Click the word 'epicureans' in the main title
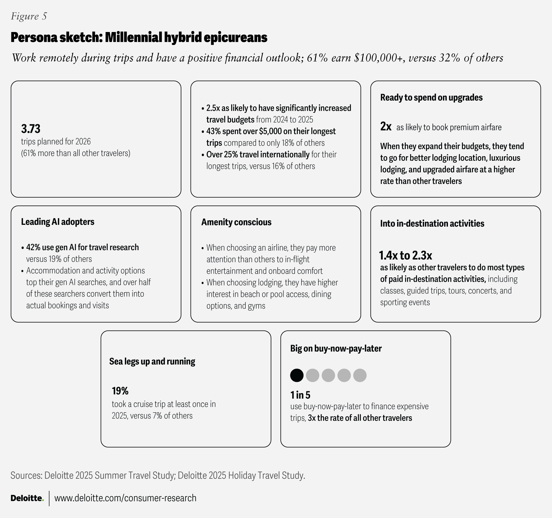tap(236, 38)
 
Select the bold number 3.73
tap(31, 129)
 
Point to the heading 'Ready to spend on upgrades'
tap(431, 98)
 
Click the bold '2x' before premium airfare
tap(386, 127)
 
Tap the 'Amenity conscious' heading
tap(236, 222)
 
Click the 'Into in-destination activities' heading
tap(432, 223)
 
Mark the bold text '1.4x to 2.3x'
tap(405, 255)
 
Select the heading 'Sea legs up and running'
tap(152, 361)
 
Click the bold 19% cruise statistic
tap(120, 391)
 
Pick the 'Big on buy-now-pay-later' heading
tap(336, 349)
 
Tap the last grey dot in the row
tap(360, 375)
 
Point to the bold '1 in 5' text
tap(300, 395)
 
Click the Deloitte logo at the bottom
tap(27, 498)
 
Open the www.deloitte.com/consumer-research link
tap(125, 498)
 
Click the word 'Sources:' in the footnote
tap(26, 475)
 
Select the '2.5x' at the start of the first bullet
tap(213, 108)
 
